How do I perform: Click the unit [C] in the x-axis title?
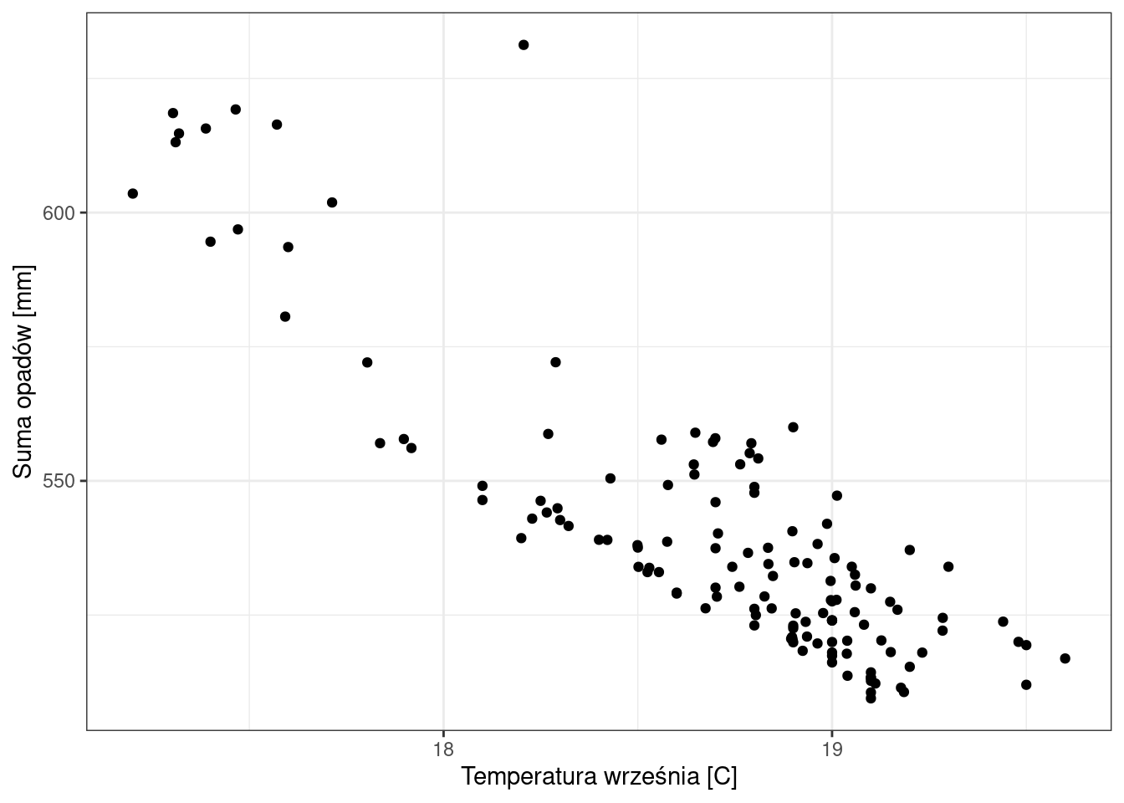click(722, 777)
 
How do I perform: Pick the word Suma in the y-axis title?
click(24, 451)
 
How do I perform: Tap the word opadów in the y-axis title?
click(24, 361)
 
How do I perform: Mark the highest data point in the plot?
click(524, 45)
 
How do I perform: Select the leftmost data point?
click(132, 194)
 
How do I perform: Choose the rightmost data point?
click(1065, 658)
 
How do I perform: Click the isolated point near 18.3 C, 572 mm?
click(555, 362)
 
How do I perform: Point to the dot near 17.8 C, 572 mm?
click(367, 362)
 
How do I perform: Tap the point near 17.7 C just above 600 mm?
click(332, 202)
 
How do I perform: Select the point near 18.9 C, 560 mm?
click(793, 427)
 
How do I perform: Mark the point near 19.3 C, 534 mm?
click(948, 566)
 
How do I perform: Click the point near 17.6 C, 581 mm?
click(285, 317)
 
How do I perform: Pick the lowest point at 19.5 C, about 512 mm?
click(1026, 685)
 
